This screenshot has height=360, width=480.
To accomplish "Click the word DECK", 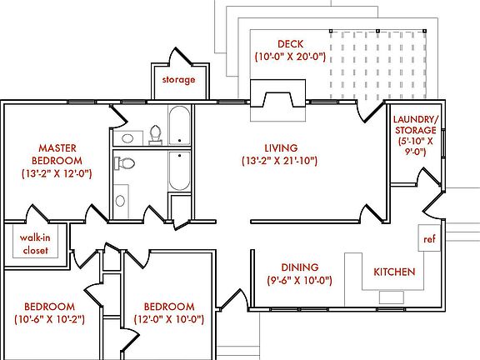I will coord(290,44).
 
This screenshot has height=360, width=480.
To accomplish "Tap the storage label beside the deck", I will coord(178,80).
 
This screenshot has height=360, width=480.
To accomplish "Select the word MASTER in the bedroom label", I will coord(57,146).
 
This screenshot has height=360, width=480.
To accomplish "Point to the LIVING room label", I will coord(280,147).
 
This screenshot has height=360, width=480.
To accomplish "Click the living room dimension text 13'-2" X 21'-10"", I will coord(280,160).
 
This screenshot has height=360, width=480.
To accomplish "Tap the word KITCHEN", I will coord(394,272).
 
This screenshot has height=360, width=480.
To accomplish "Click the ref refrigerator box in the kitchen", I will coord(429,239).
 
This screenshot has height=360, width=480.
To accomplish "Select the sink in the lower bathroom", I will coord(122,200).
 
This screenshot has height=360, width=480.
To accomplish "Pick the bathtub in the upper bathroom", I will coord(179,126).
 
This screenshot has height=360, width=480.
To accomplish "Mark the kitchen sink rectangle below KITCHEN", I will coord(392,296).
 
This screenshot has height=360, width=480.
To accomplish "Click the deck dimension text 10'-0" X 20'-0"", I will coord(290,57).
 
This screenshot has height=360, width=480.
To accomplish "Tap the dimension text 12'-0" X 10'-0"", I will coord(169,319).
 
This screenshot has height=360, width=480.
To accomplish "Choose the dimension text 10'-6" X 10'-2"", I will coord(50,319).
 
